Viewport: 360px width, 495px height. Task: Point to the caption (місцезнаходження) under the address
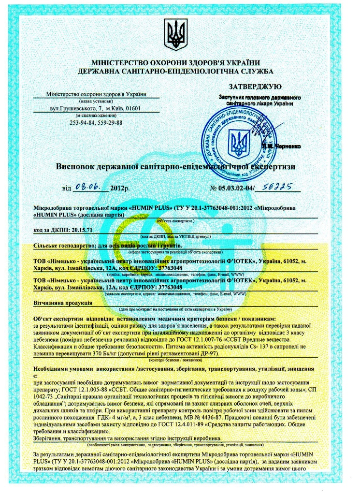tap(96, 116)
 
